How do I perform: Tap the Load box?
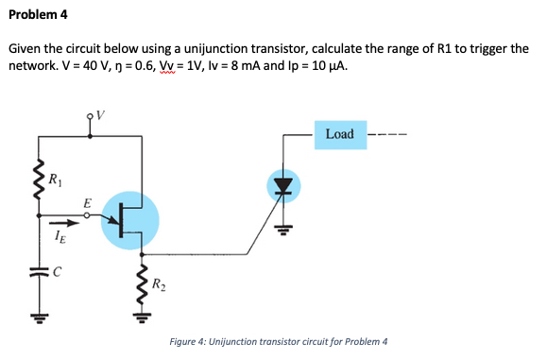[339, 134]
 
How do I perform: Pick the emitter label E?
[87, 203]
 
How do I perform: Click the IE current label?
[60, 241]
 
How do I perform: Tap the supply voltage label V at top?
[99, 116]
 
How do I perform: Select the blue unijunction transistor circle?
[126, 220]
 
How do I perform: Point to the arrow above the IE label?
[60, 225]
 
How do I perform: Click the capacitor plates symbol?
[39, 272]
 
